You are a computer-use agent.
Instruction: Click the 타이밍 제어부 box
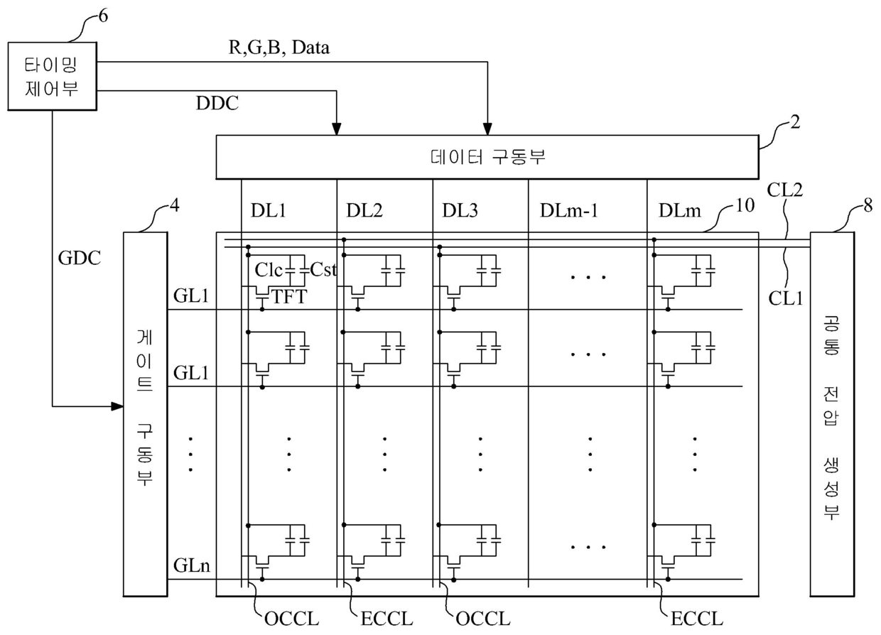(x=51, y=76)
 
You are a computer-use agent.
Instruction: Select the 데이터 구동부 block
(x=487, y=158)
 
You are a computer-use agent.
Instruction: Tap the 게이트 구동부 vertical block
(x=144, y=413)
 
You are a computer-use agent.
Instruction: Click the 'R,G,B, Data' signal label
(x=276, y=48)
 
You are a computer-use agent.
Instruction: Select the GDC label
(x=79, y=259)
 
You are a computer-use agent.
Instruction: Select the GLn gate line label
(x=190, y=566)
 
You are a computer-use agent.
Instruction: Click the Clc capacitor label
(x=269, y=271)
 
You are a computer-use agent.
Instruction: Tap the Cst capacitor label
(x=323, y=271)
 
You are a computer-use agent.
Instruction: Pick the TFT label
(x=289, y=298)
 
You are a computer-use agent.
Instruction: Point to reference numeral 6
(x=102, y=16)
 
